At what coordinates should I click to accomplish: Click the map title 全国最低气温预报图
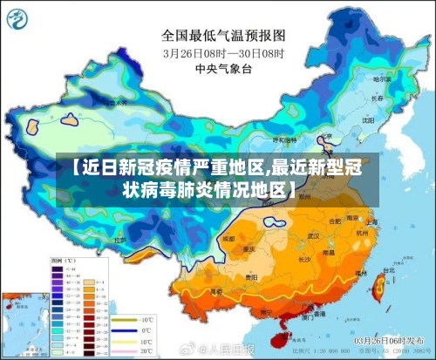click(x=223, y=36)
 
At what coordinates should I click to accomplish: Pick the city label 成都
click(x=228, y=237)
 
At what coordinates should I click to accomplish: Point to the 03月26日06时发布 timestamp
click(x=387, y=340)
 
